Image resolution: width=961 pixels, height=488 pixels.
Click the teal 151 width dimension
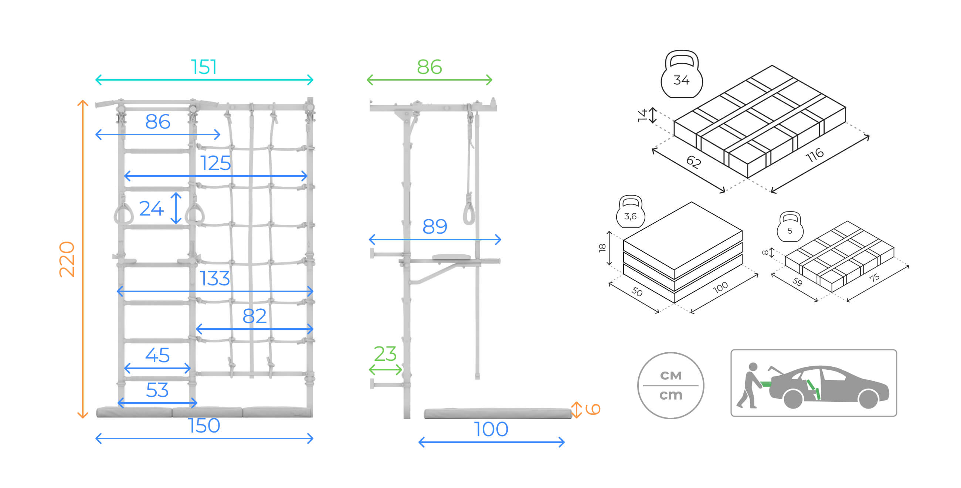click(204, 67)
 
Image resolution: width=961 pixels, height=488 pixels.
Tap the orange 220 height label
click(67, 259)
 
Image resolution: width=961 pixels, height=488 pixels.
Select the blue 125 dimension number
click(215, 163)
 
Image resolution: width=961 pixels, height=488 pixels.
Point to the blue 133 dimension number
click(214, 278)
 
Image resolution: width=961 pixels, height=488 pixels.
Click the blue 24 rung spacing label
click(152, 208)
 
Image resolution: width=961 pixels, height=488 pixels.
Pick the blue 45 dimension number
click(157, 355)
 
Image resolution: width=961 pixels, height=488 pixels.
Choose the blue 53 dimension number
click(157, 390)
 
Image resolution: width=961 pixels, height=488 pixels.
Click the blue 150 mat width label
click(204, 425)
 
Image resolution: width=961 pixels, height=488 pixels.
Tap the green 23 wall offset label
click(385, 354)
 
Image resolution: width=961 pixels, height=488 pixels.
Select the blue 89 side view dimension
click(435, 227)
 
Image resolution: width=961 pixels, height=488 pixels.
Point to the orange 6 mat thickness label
click(592, 409)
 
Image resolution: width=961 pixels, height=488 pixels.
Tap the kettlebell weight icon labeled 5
click(790, 227)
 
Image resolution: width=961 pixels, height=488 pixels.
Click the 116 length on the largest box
click(815, 155)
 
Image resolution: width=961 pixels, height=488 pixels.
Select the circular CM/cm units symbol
click(670, 385)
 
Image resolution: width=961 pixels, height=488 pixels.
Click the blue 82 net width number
click(254, 316)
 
